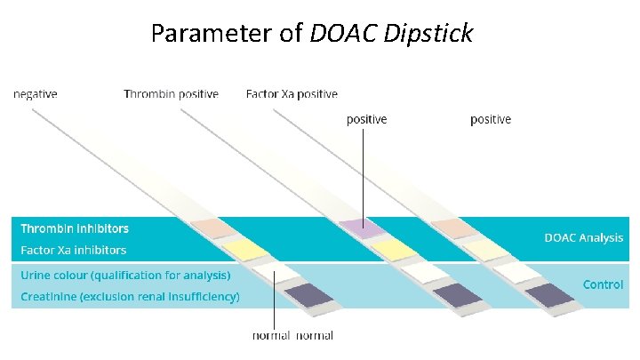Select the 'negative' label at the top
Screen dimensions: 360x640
(x=36, y=94)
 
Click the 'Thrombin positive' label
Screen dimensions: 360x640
(x=171, y=94)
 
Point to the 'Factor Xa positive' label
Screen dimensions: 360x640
(x=292, y=94)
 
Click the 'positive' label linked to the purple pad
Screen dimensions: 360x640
(x=366, y=119)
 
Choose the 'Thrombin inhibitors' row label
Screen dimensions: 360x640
(x=75, y=229)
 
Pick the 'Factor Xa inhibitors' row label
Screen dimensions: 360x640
(x=74, y=251)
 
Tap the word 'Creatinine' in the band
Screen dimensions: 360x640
(x=49, y=296)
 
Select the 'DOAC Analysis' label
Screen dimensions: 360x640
(x=583, y=237)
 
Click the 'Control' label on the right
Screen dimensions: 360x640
(x=603, y=284)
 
